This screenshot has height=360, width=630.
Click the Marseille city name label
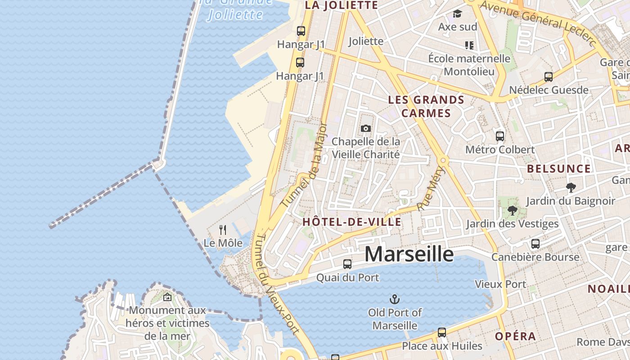tap(409, 255)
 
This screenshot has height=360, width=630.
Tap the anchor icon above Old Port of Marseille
tap(395, 299)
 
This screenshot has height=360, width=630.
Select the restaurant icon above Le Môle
tap(223, 230)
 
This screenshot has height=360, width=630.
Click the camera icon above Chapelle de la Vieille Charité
tap(366, 129)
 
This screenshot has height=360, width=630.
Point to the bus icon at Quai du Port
tap(347, 264)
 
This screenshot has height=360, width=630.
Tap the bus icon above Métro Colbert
tap(499, 136)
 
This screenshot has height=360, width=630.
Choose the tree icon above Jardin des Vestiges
tap(512, 210)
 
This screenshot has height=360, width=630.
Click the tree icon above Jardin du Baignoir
tap(571, 187)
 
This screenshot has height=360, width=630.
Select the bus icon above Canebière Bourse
tap(535, 244)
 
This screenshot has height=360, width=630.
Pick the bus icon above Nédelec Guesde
tap(548, 77)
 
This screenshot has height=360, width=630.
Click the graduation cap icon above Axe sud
tap(457, 14)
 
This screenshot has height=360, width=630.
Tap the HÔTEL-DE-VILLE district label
tap(352, 222)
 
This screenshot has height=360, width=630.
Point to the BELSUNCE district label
tap(558, 169)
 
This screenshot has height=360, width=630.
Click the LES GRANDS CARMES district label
tap(426, 106)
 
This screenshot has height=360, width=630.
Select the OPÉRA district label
tap(515, 336)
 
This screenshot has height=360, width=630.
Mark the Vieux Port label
tap(500, 284)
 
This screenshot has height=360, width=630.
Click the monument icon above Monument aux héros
tap(167, 297)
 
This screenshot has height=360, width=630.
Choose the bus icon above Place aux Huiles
tap(442, 333)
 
